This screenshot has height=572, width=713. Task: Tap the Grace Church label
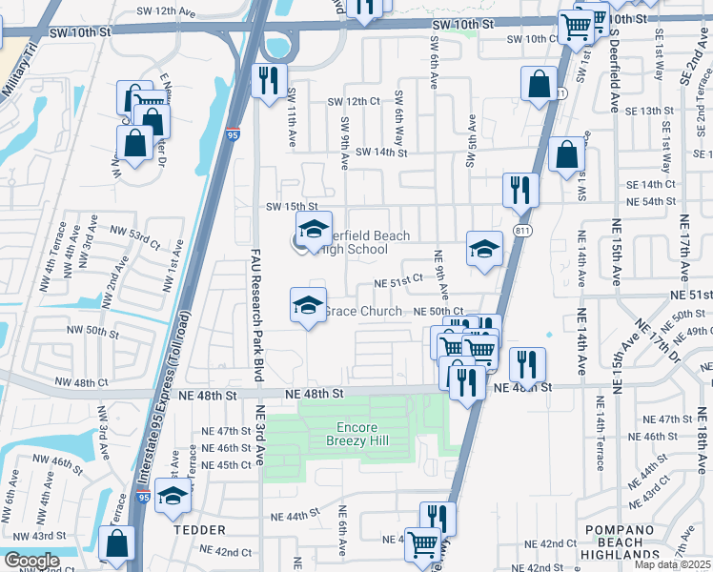(362, 311)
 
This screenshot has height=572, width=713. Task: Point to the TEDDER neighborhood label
(198, 529)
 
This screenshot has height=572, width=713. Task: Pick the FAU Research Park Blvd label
(256, 316)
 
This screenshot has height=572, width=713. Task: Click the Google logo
(31, 560)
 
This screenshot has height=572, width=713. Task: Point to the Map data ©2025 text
(670, 564)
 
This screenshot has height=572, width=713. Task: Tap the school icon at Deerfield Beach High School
(312, 229)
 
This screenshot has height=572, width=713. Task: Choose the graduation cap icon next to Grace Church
(307, 305)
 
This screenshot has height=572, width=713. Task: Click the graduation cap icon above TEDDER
(173, 496)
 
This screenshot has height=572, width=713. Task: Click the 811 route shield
(521, 231)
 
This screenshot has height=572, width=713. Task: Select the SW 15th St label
(291, 206)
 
